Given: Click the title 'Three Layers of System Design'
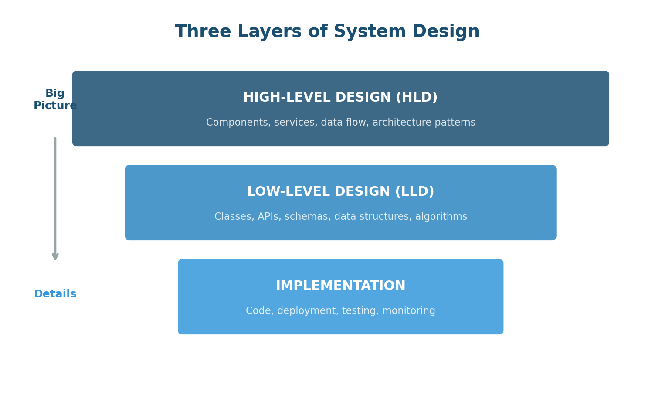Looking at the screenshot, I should click(x=327, y=32).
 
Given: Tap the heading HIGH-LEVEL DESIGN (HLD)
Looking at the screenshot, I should click(x=340, y=98).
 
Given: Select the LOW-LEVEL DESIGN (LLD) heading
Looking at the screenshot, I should click(x=340, y=192).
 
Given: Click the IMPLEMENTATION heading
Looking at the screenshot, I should click(x=340, y=286).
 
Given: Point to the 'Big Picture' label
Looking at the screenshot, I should click(x=55, y=100).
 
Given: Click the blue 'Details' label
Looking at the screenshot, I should click(x=55, y=294).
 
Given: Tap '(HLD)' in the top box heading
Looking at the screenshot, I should click(x=416, y=98).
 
